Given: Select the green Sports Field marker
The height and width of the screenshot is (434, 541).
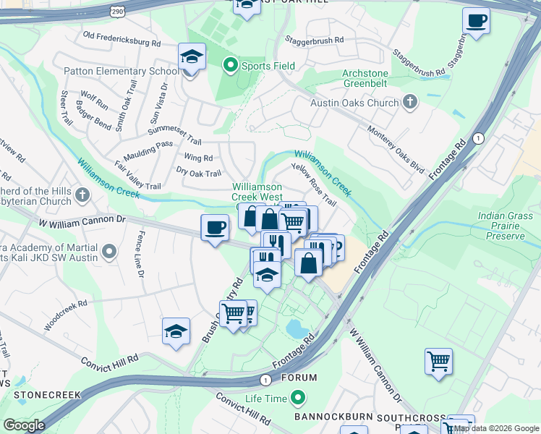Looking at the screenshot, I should pos(231,66).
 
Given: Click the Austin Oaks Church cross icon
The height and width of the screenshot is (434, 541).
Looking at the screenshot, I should pos(410,103).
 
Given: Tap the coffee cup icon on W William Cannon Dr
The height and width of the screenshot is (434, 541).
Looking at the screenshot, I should pos(215,228).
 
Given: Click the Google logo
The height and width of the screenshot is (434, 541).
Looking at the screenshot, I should pos(24,425).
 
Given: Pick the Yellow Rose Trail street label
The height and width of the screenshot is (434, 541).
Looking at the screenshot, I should pos(313,183).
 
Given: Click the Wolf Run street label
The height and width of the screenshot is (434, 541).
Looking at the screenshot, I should pos(94,101).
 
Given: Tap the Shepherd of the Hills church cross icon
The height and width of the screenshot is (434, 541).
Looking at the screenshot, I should pos(83,195).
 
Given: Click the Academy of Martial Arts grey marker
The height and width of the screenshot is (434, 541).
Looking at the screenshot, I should pos(109,252).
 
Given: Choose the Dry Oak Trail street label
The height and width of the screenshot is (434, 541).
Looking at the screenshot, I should pos(199,173).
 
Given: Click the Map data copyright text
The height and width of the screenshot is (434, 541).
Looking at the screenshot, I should pos(496,428).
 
